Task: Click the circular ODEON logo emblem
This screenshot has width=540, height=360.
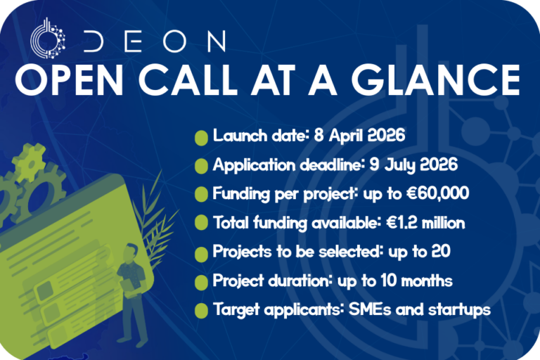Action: pos(48,39)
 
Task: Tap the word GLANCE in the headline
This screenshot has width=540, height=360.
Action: pos(437,80)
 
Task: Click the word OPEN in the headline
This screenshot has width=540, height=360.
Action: pos(69,80)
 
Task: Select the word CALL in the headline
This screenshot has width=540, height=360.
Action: pos(188,80)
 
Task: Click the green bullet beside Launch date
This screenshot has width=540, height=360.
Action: pos(201,137)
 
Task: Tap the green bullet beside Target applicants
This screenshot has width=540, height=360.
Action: pos(201,310)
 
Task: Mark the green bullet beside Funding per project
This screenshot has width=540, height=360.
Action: pos(201,194)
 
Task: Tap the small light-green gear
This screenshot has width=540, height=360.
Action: pos(30,162)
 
